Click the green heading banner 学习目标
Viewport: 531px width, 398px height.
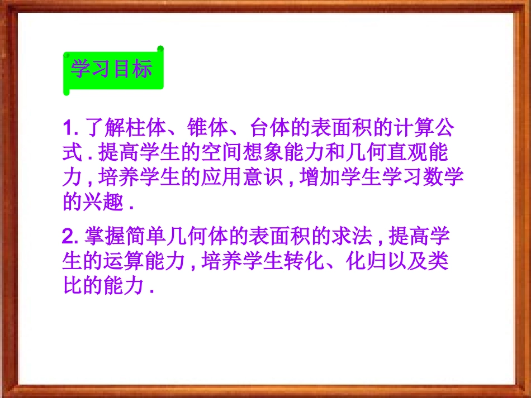tap(112, 71)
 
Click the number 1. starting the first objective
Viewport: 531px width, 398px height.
tap(71, 129)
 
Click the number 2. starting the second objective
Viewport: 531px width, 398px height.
tap(71, 237)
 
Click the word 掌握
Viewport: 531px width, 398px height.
tap(104, 237)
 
